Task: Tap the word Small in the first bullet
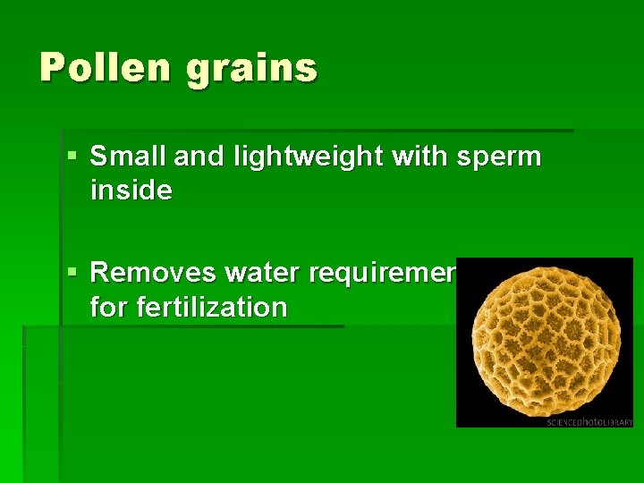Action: pos(124,157)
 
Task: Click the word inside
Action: pos(131,190)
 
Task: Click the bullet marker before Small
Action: pos(72,157)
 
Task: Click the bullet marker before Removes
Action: pos(72,271)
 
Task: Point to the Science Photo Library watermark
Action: pos(589,421)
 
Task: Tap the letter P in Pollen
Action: pos(53,67)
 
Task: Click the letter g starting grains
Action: pos(198,72)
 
